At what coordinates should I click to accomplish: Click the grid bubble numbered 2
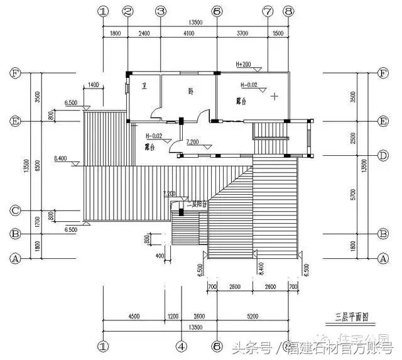128,11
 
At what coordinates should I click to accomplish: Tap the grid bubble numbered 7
268,11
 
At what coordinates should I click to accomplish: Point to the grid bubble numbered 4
181,346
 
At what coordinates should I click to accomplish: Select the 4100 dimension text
188,33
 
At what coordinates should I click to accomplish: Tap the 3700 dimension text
242,33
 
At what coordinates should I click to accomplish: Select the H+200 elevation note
243,65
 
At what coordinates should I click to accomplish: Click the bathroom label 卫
144,87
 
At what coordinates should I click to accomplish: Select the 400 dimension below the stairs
160,256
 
